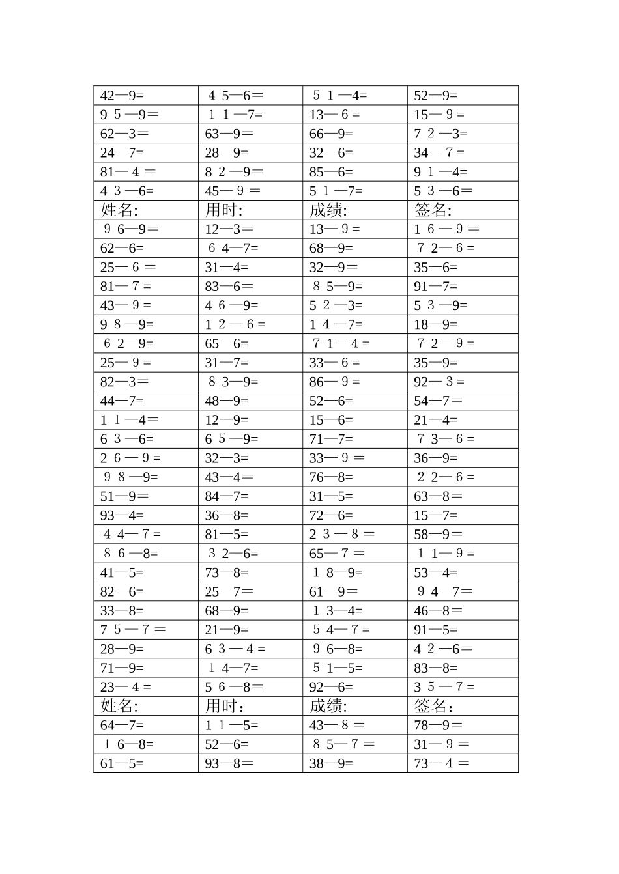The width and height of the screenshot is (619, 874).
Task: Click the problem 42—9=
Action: click(x=122, y=96)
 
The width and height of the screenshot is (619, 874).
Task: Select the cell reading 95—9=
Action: click(x=129, y=115)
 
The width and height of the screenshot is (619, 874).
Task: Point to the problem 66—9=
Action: click(x=331, y=134)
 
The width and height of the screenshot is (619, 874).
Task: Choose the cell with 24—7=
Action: click(x=122, y=153)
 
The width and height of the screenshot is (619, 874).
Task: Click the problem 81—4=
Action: click(x=128, y=172)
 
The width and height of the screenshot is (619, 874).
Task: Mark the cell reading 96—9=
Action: click(x=131, y=229)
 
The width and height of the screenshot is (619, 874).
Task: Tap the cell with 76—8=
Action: click(x=331, y=477)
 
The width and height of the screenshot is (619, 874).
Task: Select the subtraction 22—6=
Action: click(x=446, y=477)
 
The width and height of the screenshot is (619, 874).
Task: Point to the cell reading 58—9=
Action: click(x=438, y=535)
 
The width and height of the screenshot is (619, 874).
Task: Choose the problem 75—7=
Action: click(x=133, y=630)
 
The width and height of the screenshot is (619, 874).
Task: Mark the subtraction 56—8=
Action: click(x=234, y=687)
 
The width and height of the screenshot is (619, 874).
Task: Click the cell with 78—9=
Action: click(x=438, y=726)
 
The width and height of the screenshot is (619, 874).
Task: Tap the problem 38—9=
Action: click(x=331, y=763)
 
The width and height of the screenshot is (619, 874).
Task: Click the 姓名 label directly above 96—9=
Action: click(x=119, y=210)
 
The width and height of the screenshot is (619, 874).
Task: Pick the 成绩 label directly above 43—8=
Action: click(x=328, y=706)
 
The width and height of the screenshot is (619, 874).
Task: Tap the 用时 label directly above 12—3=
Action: click(x=223, y=210)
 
